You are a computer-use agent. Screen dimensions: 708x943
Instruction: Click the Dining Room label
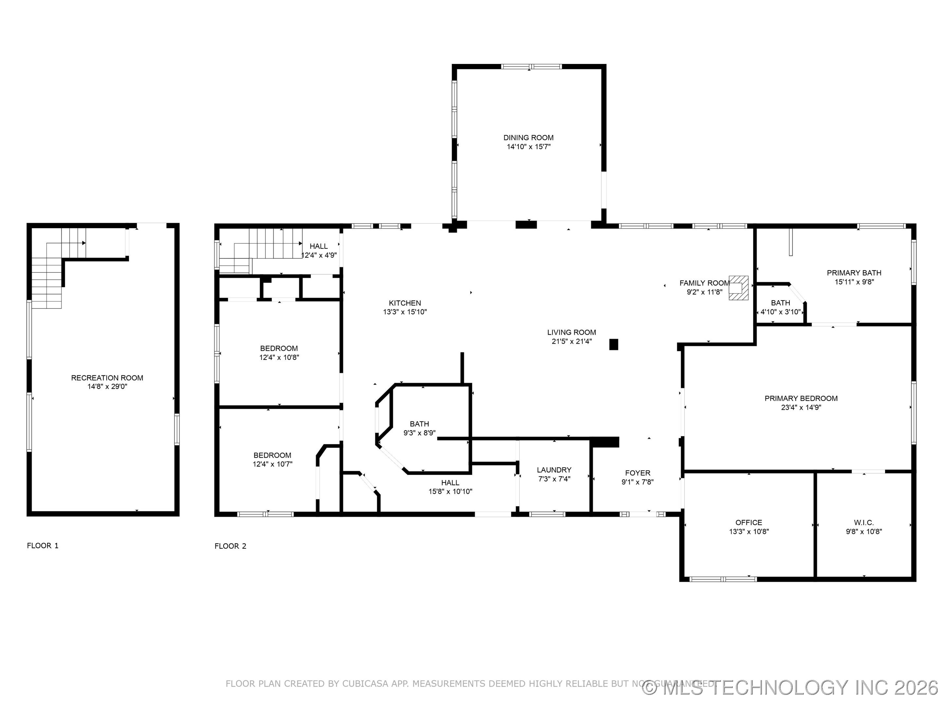[528, 137]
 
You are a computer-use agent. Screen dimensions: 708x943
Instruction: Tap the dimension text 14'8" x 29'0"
[107, 387]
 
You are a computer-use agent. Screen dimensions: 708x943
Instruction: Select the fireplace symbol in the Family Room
[738, 288]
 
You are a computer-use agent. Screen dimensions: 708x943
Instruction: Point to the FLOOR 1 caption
[43, 545]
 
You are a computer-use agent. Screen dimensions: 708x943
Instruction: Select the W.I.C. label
[864, 522]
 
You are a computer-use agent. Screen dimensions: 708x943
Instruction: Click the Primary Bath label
[854, 273]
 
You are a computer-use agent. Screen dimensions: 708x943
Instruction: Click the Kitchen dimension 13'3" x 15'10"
[405, 312]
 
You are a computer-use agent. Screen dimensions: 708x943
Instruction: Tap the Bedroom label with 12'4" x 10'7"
[272, 455]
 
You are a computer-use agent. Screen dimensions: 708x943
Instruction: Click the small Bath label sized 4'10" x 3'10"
[780, 303]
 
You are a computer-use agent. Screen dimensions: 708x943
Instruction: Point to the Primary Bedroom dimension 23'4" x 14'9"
[801, 407]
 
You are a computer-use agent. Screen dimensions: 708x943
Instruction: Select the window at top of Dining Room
[531, 67]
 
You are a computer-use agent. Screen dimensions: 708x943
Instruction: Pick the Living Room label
[571, 332]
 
